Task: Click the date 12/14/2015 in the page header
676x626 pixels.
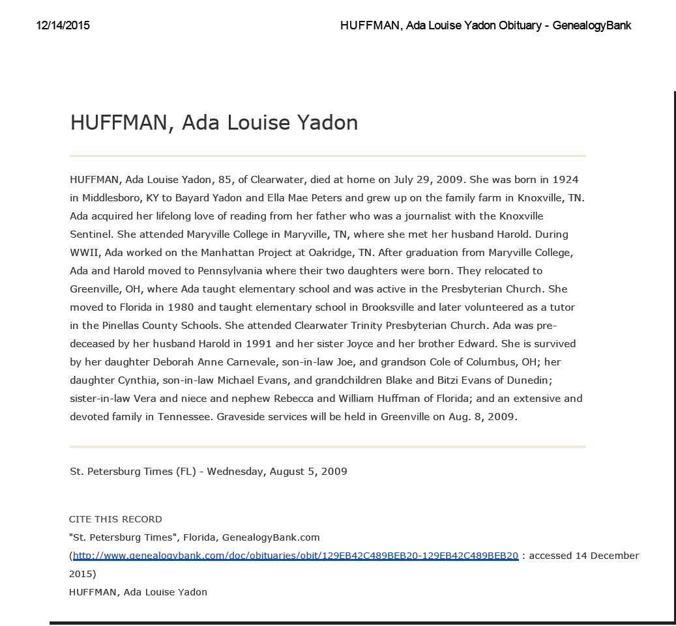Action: click(63, 26)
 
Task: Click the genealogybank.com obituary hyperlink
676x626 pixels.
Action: click(295, 556)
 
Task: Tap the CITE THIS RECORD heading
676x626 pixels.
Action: click(115, 519)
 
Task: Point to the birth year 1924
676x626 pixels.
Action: click(565, 179)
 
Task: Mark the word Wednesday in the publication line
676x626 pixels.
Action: click(235, 471)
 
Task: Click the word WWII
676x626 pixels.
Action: click(83, 252)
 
